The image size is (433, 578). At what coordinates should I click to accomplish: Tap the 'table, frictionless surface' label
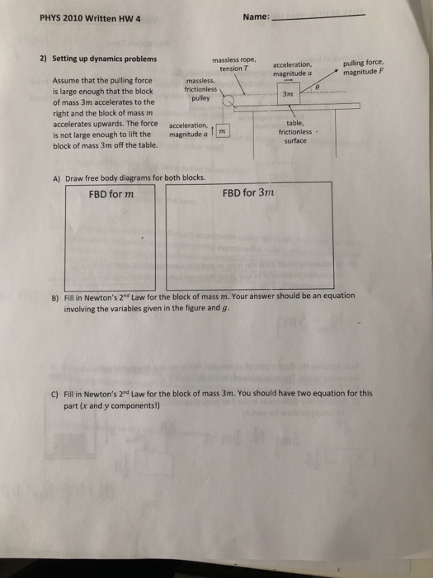point(294,130)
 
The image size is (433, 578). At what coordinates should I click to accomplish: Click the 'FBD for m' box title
point(111,194)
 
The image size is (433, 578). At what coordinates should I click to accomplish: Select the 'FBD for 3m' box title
point(248,193)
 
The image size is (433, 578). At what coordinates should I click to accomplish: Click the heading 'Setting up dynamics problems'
point(104,59)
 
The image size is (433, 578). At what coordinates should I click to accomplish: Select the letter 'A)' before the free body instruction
point(56,178)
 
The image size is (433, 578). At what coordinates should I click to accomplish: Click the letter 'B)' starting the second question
point(56,296)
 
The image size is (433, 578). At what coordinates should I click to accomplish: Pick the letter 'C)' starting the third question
point(56,395)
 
